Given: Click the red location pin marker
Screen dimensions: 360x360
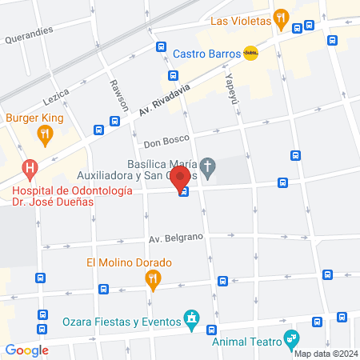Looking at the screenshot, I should point(181,178).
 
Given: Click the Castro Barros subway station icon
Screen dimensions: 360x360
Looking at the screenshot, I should point(250,54).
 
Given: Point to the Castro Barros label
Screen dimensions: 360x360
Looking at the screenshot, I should point(206,54).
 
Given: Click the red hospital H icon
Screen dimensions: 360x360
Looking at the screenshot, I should point(30,169).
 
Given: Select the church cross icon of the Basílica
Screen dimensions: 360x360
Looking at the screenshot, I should point(207,168).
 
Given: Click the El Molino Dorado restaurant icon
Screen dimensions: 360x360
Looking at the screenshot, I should point(153,278).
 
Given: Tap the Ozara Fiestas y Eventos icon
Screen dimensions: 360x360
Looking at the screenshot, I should point(191,320).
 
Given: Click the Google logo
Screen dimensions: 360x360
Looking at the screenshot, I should point(27,350).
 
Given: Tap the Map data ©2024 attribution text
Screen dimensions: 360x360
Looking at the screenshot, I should point(325,354).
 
